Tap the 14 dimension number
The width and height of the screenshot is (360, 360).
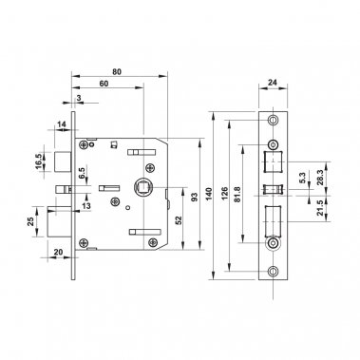pos(61,124)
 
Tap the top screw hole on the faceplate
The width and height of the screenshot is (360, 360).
pos(275,120)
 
